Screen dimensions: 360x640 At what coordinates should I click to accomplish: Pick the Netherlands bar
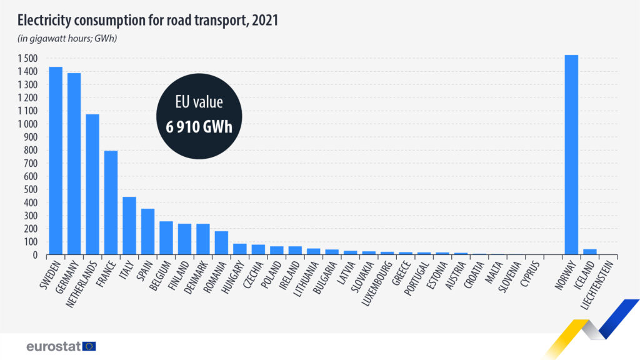92,184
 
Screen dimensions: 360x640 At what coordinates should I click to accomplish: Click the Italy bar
129,226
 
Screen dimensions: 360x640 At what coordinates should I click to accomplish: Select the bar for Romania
221,243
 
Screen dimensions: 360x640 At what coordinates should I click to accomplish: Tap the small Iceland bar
589,252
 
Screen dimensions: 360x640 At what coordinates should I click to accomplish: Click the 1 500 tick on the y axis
27,59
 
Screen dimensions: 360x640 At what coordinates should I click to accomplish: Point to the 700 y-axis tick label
31,164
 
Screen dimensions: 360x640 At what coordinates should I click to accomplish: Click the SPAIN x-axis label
139,272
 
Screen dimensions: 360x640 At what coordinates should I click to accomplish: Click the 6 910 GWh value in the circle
199,127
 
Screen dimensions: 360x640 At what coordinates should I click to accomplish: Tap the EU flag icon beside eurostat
89,346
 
